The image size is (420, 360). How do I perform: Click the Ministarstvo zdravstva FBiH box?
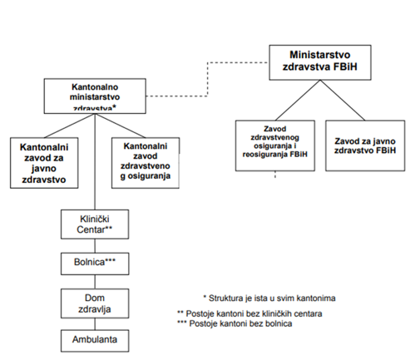pos(320,62)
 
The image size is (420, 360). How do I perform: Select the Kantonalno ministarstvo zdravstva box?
pos(95,96)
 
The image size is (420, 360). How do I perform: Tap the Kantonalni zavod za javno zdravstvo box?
pos(44,163)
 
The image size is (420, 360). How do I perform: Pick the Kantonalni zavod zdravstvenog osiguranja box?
pos(146,163)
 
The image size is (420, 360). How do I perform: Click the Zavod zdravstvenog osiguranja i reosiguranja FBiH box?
pos(275,145)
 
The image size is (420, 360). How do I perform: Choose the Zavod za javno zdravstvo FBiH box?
pos(365,145)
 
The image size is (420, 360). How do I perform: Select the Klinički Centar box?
pos(95,224)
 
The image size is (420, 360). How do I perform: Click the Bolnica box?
pos(95,264)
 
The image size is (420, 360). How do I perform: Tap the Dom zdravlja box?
pos(95,303)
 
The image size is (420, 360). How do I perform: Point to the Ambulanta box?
pos(95,341)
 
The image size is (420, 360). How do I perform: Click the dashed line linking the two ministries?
pos(208,79)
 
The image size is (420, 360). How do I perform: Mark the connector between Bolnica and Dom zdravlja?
pos(95,282)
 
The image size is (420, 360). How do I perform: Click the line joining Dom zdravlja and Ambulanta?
pos(95,323)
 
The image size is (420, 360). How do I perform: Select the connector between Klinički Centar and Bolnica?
pos(95,245)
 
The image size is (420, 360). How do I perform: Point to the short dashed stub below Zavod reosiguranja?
pos(275,175)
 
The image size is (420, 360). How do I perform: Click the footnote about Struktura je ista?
pos(269,298)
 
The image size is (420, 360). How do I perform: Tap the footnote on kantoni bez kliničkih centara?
pos(250,313)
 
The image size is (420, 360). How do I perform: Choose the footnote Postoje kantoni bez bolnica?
pos(235,323)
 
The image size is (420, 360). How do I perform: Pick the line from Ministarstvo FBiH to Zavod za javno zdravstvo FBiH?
pos(343,100)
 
